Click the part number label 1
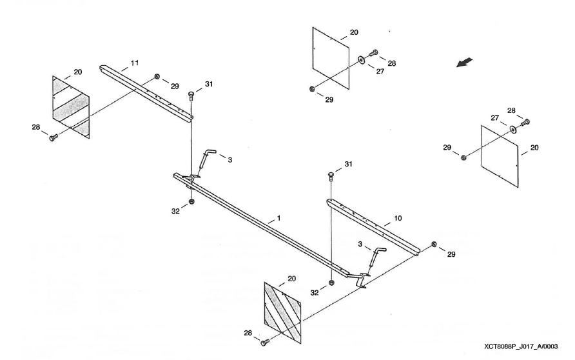(278, 218)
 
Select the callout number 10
(397, 219)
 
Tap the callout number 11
(135, 63)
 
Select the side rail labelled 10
(374, 226)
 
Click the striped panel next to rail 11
(71, 107)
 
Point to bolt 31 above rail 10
(331, 174)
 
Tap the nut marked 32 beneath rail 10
(331, 283)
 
